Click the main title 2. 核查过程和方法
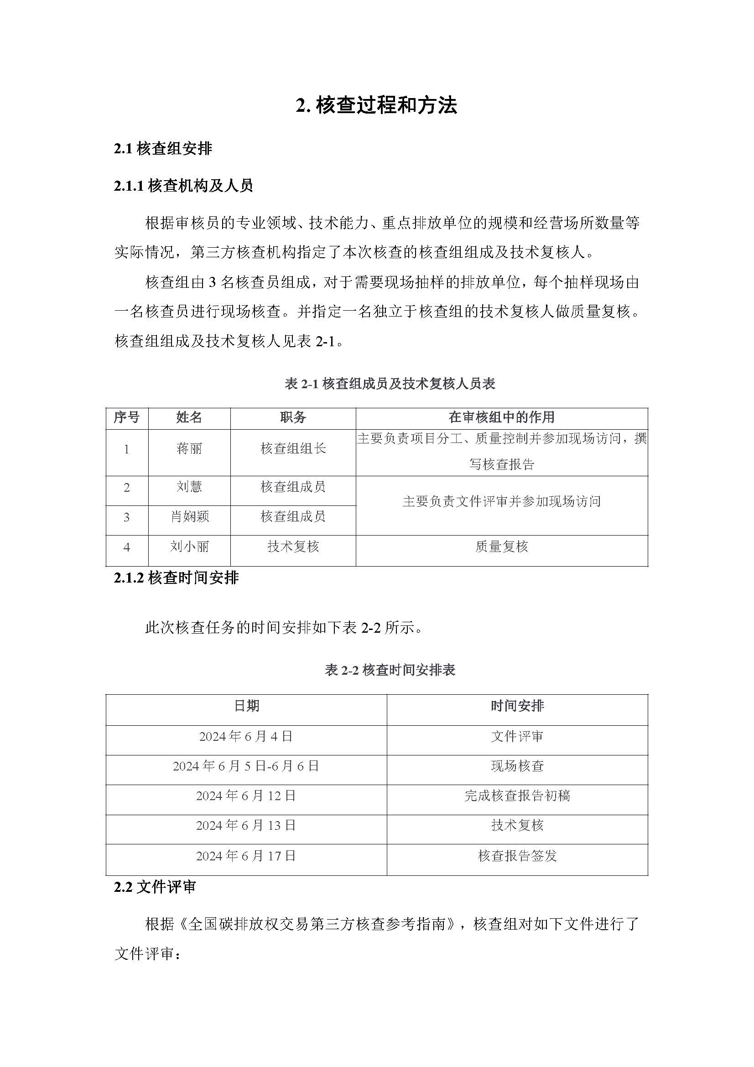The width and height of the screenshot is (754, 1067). coord(376,106)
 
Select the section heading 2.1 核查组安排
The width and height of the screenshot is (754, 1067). coord(163,149)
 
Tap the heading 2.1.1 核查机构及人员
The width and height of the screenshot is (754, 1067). coord(183,186)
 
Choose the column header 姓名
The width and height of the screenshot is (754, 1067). coord(189,417)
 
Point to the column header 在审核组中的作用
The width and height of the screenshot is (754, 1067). coord(501,417)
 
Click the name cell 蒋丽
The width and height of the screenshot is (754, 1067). coord(189,449)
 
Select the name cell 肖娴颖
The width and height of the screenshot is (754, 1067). coord(190,516)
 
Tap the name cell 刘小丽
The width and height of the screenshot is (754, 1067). coord(189,547)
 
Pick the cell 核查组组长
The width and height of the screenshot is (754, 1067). coord(293,449)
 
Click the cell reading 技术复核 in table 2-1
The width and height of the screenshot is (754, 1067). coord(293,547)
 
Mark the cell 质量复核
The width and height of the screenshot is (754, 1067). coord(501,547)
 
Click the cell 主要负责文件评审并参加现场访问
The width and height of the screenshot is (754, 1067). coord(501,501)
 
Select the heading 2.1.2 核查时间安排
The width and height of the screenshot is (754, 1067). coord(176,578)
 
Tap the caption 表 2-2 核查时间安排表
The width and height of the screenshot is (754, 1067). coord(390,670)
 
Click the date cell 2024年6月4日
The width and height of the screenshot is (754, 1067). coord(246,737)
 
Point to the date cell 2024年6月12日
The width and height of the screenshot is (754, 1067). coord(246,796)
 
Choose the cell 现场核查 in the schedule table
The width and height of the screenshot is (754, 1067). coord(517,766)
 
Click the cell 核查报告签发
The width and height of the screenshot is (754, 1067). coord(517,856)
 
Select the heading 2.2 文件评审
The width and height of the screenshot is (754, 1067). coord(155,887)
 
